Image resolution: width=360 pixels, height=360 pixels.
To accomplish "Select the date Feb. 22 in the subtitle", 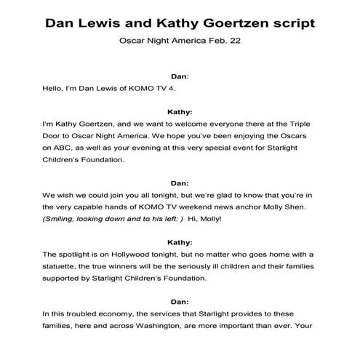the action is (224, 41).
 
